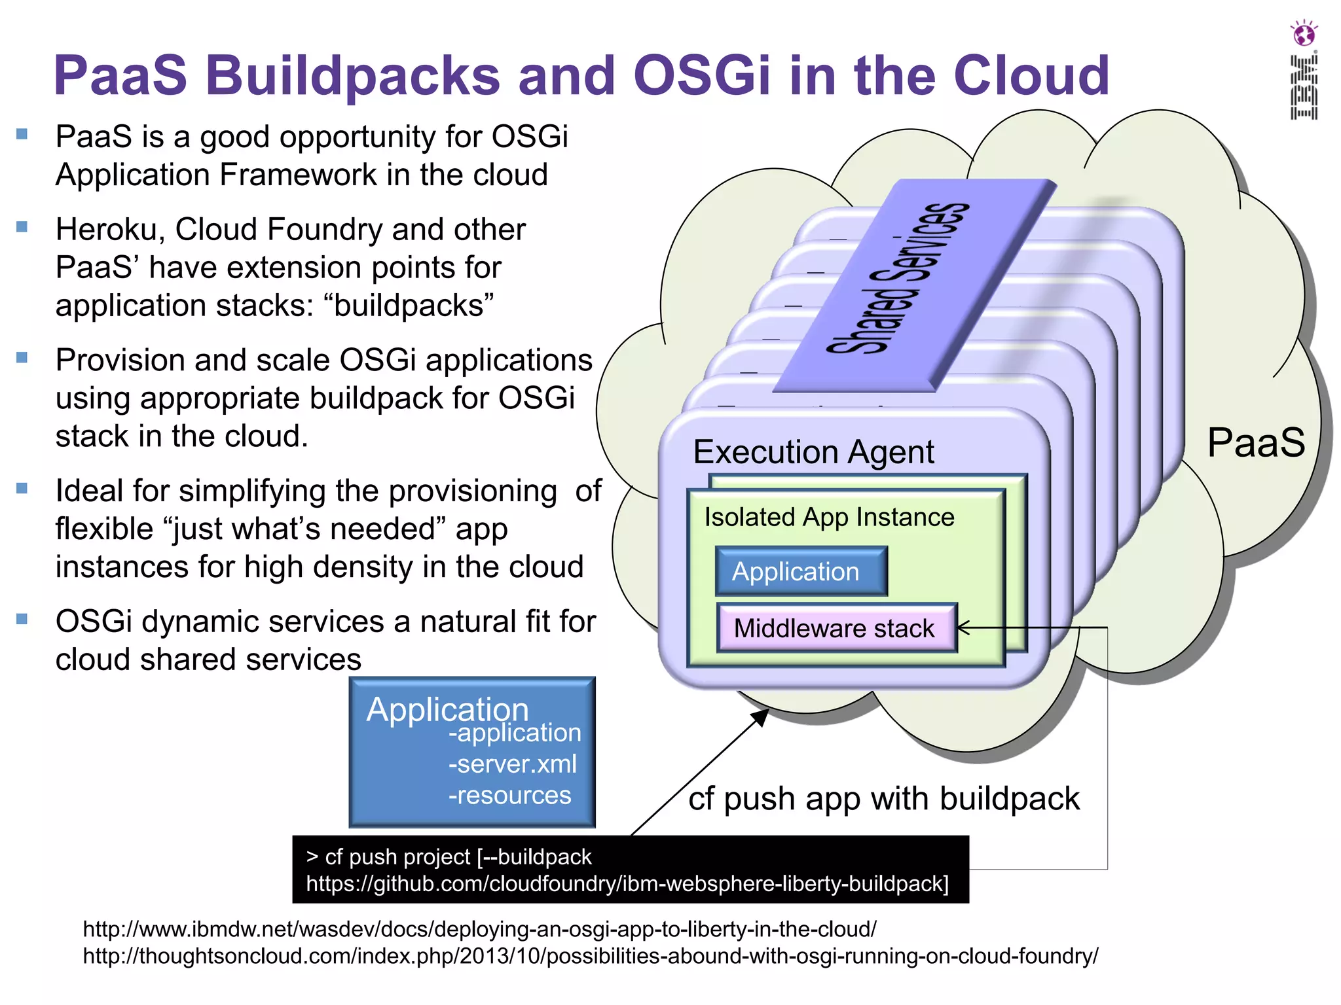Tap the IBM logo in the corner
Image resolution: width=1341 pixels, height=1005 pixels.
pyautogui.click(x=1304, y=87)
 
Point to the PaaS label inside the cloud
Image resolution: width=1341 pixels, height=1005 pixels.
pyautogui.click(x=1255, y=442)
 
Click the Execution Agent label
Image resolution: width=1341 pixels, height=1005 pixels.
pyautogui.click(x=813, y=451)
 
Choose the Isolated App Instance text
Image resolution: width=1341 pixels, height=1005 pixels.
pyautogui.click(x=829, y=517)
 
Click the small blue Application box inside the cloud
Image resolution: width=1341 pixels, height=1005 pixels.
pyautogui.click(x=801, y=571)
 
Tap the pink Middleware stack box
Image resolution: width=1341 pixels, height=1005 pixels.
pyautogui.click(x=836, y=628)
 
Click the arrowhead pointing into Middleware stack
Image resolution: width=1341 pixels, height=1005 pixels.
pyautogui.click(x=963, y=628)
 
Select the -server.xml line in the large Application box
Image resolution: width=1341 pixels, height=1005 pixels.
pyautogui.click(x=512, y=764)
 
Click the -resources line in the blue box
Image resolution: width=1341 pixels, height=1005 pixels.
pyautogui.click(x=509, y=796)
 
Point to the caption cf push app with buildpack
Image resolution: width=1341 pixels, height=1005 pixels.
pyautogui.click(x=883, y=799)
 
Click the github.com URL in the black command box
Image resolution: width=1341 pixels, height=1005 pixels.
pyautogui.click(x=627, y=884)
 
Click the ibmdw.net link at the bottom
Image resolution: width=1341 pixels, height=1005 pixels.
pyautogui.click(x=479, y=929)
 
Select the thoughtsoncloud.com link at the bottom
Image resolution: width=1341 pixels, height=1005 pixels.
pyautogui.click(x=590, y=957)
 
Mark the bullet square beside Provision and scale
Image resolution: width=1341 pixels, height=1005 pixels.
pyautogui.click(x=22, y=358)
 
